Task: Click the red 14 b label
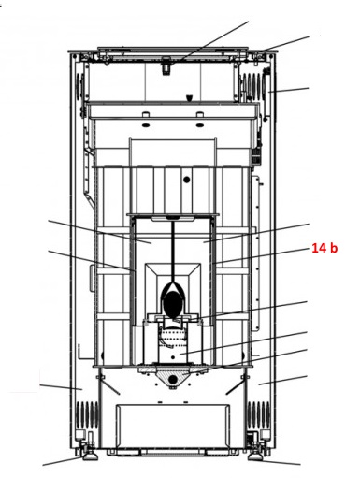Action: tap(324, 248)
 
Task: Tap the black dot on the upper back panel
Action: tap(187, 180)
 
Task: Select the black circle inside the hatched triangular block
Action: tap(173, 379)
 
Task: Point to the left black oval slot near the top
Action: tap(145, 125)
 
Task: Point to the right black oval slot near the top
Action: tap(200, 125)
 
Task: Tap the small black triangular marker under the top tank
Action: tap(189, 98)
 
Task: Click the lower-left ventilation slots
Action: tap(87, 414)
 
